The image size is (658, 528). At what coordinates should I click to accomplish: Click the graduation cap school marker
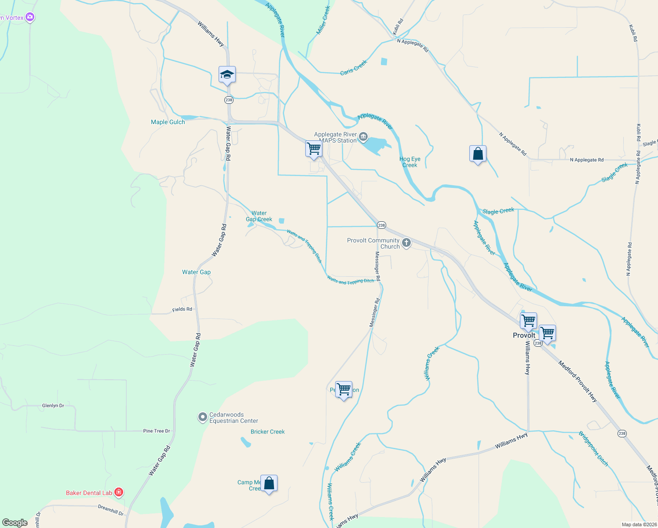227,75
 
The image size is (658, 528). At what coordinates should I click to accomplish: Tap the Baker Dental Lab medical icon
118,492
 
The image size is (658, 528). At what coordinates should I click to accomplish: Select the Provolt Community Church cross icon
406,243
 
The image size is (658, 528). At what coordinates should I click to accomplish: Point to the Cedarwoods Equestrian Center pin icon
202,417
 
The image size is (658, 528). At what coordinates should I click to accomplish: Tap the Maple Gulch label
168,122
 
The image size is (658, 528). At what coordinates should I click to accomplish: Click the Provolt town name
524,335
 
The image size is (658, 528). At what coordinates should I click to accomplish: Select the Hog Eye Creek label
410,162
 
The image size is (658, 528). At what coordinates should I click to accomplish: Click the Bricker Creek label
267,432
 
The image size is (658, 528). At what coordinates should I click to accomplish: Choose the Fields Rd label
182,309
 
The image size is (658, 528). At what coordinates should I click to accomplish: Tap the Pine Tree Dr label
157,431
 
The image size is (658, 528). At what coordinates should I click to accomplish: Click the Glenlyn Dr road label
53,406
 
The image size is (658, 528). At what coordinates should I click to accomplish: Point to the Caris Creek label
354,68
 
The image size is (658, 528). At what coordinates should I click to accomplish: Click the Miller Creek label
323,20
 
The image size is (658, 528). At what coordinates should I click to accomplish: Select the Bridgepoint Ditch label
593,449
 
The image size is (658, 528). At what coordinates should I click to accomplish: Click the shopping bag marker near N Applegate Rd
478,154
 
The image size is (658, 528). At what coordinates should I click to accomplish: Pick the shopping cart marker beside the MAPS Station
314,149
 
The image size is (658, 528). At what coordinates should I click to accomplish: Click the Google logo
15,523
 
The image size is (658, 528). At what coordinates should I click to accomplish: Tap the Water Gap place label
196,272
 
